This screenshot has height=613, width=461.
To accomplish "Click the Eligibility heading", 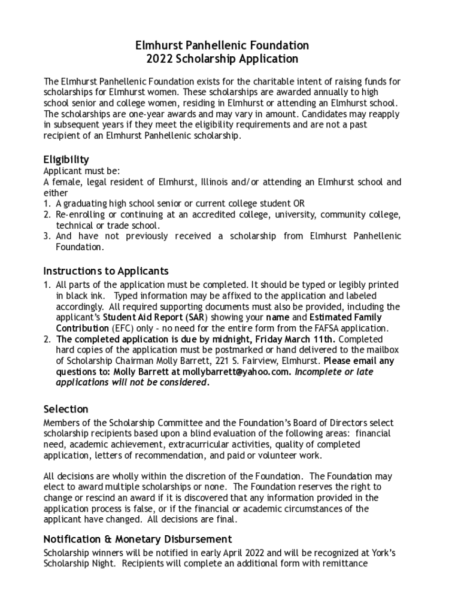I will (x=66, y=159).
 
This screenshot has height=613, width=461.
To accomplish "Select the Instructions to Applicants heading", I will (x=106, y=271).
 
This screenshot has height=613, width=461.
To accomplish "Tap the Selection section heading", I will (x=66, y=409).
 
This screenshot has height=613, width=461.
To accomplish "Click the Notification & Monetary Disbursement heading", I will (x=138, y=539).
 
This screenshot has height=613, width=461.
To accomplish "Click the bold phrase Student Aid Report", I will (x=142, y=317).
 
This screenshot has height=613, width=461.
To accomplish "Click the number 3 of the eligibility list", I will (x=47, y=236).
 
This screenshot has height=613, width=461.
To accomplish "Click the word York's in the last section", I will (x=382, y=553).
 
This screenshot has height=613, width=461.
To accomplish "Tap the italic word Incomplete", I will (x=318, y=372).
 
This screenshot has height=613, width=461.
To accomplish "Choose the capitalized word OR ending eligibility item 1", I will (x=299, y=204).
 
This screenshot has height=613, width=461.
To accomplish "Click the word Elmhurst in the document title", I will (x=159, y=45).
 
